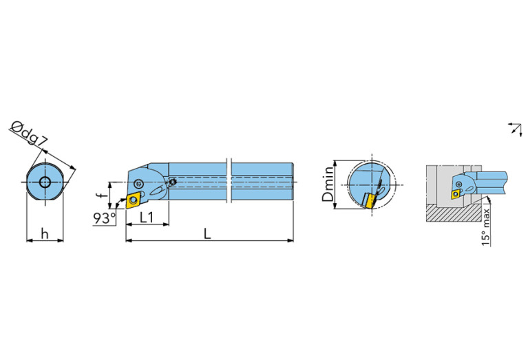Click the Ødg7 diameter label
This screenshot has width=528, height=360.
click(x=29, y=134)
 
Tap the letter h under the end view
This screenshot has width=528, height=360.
click(x=45, y=233)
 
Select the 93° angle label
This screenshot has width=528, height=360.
click(x=105, y=219)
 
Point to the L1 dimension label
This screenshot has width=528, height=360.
click(x=147, y=218)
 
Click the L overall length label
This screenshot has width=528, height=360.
click(x=207, y=234)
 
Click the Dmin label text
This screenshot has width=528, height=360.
click(x=328, y=184)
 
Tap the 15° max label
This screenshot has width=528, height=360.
click(x=485, y=227)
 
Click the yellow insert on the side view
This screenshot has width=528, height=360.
click(x=134, y=200)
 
